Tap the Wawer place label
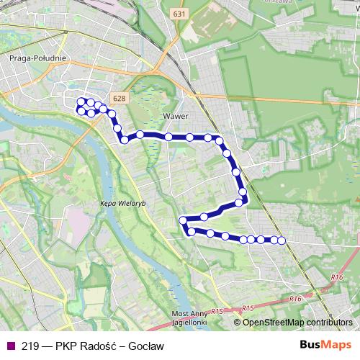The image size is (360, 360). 175,115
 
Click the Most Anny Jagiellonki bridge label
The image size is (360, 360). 190,318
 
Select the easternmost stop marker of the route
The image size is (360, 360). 282,240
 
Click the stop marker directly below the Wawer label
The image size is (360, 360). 168,137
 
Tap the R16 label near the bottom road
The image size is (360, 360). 293,297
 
